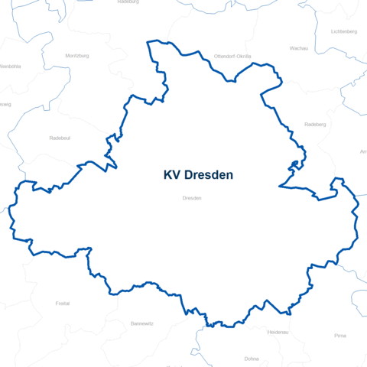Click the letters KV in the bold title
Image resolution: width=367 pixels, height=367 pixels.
point(172,175)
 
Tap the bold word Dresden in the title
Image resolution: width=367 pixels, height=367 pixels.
point(208,175)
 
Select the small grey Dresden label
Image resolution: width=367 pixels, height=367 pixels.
point(192,198)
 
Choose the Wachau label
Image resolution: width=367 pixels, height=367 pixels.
point(299,47)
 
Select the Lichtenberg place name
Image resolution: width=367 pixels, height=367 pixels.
point(344,31)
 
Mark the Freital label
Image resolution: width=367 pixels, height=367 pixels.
point(63,304)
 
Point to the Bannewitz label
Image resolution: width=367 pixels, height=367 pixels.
point(142,323)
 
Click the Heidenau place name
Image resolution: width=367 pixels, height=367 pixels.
point(278,333)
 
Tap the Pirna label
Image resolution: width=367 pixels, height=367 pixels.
point(340,336)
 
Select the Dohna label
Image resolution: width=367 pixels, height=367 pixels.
point(252,358)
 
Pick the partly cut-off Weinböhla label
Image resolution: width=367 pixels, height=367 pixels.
point(9,67)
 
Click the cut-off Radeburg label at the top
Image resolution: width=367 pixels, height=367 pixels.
point(128,2)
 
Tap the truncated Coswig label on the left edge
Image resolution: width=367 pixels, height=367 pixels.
point(5,104)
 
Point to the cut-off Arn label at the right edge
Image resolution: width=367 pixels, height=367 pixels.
point(362,151)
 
